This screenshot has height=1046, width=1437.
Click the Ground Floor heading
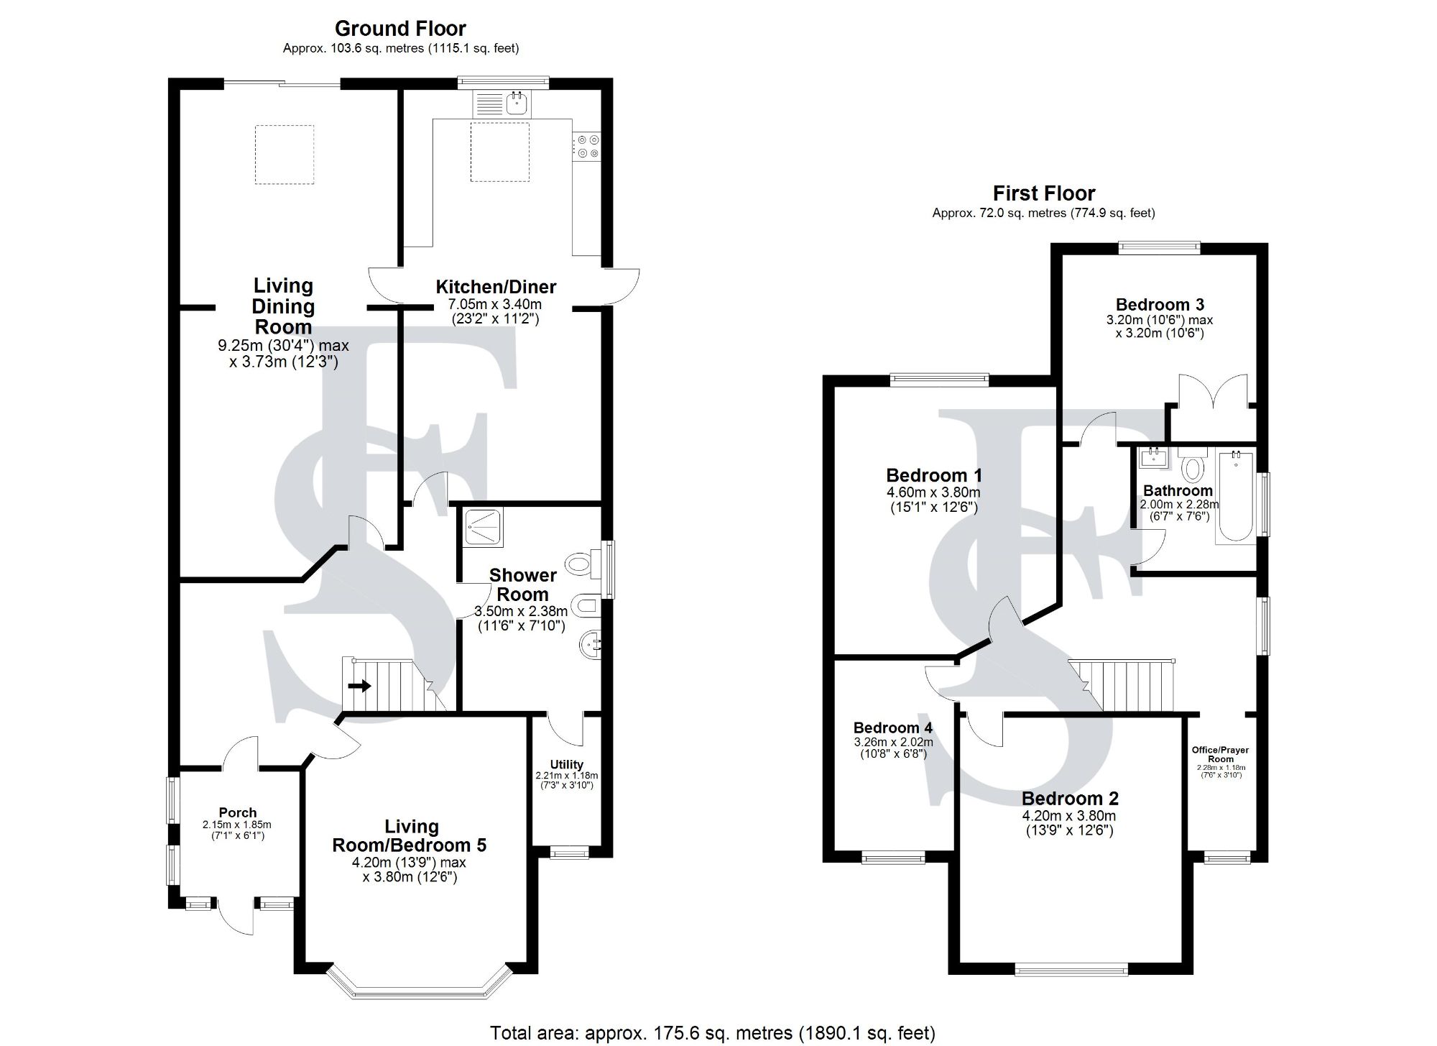coord(400,29)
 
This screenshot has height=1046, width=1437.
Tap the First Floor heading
coord(1044,193)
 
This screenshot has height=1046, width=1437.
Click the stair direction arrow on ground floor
coord(359,686)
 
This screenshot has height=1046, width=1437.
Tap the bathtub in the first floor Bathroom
coord(1235,496)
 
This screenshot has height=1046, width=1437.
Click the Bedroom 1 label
coord(933,475)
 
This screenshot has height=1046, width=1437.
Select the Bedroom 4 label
coord(893,728)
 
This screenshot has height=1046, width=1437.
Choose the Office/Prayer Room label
coord(1220,754)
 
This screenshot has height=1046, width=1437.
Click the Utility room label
coord(567,764)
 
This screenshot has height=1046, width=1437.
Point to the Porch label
coord(238,813)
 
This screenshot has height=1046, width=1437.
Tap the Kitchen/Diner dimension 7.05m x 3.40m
coord(496,305)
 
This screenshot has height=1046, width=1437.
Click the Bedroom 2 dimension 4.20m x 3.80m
coord(1069,816)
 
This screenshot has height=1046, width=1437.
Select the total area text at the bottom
coord(713,1034)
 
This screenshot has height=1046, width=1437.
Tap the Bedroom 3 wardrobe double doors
coord(1213,393)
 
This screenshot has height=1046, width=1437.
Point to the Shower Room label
coord(523,584)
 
